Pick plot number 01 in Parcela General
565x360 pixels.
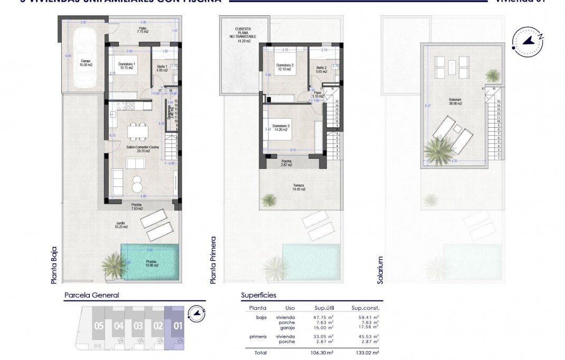pyautogui.click(x=178, y=326)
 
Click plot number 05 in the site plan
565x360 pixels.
pyautogui.click(x=99, y=326)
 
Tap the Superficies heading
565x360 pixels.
pyautogui.click(x=258, y=296)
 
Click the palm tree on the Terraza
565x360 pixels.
pyautogui.click(x=270, y=200)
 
